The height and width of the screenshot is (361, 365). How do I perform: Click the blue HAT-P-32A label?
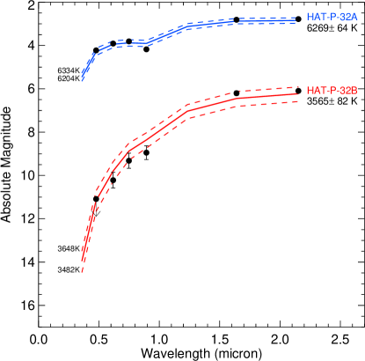(x=332, y=18)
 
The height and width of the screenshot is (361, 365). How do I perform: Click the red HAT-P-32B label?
(x=332, y=91)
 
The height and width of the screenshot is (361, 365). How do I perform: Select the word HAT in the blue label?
(x=315, y=18)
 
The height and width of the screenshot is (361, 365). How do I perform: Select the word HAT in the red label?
(x=315, y=91)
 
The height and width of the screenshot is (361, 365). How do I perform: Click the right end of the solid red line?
(x=298, y=94)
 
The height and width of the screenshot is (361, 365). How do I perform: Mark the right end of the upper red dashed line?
(x=298, y=87)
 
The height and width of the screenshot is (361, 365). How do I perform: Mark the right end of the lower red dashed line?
(x=298, y=101)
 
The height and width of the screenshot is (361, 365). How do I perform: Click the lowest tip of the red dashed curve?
(x=82, y=272)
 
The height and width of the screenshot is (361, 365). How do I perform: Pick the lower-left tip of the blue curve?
(x=83, y=81)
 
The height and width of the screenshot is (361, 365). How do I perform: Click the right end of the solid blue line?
(x=296, y=20)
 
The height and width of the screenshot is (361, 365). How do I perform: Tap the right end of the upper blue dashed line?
(x=296, y=17)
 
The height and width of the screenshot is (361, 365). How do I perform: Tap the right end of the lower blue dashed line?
(x=296, y=24)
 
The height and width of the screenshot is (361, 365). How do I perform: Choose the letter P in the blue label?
(x=332, y=18)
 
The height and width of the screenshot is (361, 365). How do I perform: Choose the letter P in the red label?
(x=332, y=91)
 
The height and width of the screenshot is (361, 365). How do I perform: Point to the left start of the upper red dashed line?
(x=95, y=195)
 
